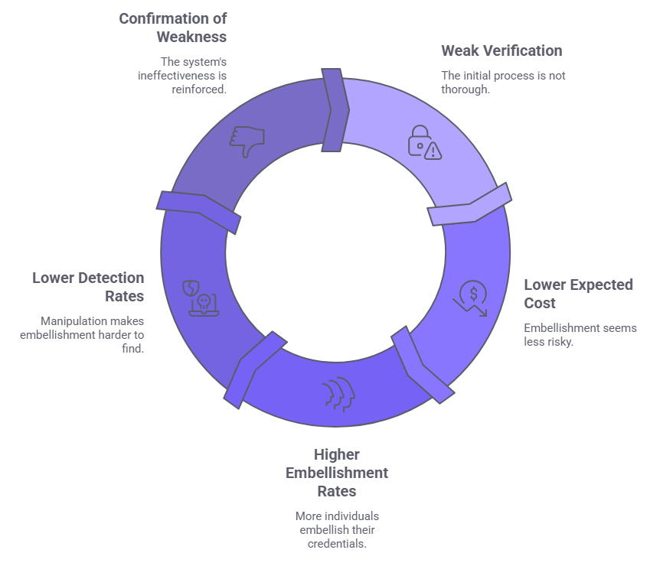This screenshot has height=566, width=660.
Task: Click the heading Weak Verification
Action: click(x=501, y=51)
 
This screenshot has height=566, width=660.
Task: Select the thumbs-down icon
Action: click(x=247, y=140)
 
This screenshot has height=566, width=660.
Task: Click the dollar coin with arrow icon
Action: click(x=471, y=298)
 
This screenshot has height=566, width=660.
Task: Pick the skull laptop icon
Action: click(x=201, y=298)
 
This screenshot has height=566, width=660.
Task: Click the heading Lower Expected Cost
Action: click(x=578, y=293)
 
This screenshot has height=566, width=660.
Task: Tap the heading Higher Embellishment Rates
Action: click(x=336, y=472)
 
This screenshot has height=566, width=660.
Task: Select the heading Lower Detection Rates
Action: click(x=88, y=286)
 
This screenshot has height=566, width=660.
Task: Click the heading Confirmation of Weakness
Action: click(x=172, y=27)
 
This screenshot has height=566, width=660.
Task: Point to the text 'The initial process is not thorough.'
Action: click(x=503, y=82)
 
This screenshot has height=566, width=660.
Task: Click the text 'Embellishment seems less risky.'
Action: click(x=580, y=335)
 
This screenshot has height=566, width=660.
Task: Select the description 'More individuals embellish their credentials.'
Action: click(x=336, y=529)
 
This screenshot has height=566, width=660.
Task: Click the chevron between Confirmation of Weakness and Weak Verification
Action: click(x=335, y=110)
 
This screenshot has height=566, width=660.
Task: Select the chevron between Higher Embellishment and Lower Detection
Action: click(x=251, y=369)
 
